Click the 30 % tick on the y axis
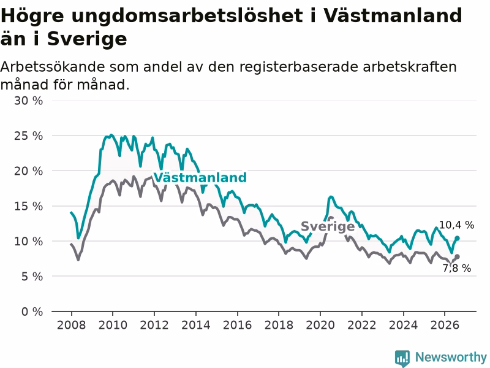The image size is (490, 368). (x=28, y=101)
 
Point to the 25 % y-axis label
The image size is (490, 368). (x=28, y=136)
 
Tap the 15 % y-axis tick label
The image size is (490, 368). (x=28, y=206)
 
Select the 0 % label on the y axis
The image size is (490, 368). (x=32, y=312)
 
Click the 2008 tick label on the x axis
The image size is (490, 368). (x=71, y=325)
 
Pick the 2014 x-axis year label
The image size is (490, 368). (x=196, y=325)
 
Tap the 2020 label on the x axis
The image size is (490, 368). (x=320, y=325)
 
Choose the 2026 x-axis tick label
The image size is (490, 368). (x=445, y=325)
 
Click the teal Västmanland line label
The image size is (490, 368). (x=200, y=177)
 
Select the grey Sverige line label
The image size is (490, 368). (x=328, y=226)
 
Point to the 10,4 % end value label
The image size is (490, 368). (x=456, y=225)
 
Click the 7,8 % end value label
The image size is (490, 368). (x=457, y=268)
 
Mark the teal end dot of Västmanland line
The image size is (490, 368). (x=457, y=239)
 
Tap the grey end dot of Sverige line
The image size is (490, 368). (x=457, y=257)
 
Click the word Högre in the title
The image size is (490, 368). (x=32, y=17)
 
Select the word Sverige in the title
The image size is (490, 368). (x=87, y=39)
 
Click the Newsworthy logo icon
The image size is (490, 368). (x=402, y=358)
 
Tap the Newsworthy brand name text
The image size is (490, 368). (x=451, y=357)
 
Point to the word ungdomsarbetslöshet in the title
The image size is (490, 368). (x=187, y=17)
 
